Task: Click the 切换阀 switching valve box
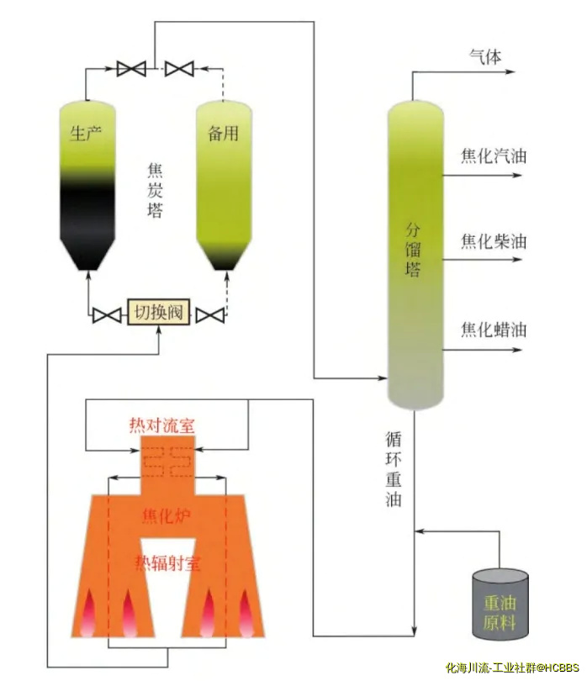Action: tap(159, 314)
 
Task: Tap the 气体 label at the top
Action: tap(484, 56)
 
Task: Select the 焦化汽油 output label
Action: tap(494, 156)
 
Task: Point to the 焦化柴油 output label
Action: tap(494, 241)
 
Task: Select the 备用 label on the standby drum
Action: tap(223, 133)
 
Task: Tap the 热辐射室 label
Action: tap(169, 562)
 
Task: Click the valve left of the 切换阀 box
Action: tap(107, 315)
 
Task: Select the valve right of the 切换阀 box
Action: tap(209, 315)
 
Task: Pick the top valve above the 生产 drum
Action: tap(131, 67)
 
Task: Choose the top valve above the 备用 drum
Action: tap(179, 67)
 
